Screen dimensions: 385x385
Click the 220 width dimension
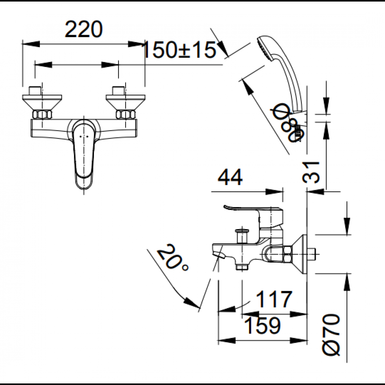click(x=84, y=29)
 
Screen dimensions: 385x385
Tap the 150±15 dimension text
click(x=179, y=50)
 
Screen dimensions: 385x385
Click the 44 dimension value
click(x=230, y=177)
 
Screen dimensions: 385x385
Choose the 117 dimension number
click(x=274, y=299)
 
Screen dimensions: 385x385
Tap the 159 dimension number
click(x=262, y=326)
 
